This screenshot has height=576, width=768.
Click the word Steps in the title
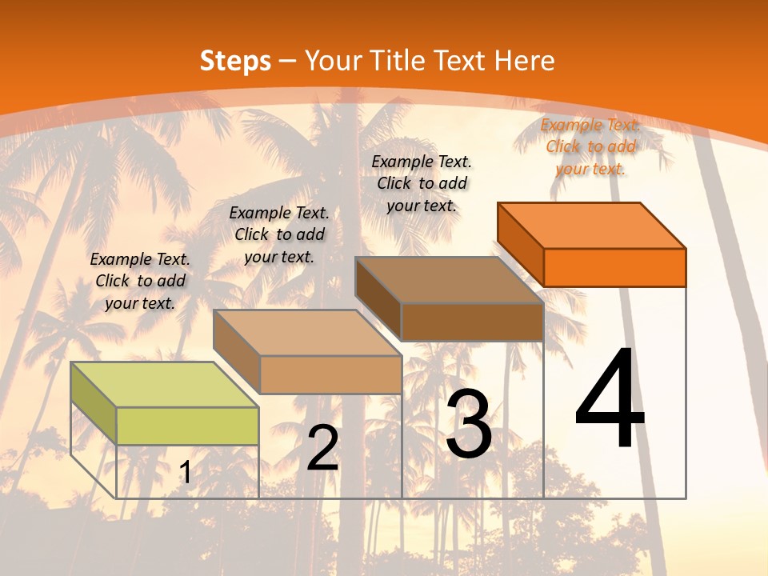pyautogui.click(x=234, y=61)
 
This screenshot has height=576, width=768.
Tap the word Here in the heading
pyautogui.click(x=524, y=61)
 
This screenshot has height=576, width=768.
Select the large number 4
pyautogui.click(x=610, y=400)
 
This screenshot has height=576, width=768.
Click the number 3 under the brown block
pyautogui.click(x=469, y=424)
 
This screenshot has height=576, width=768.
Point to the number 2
pyautogui.click(x=323, y=448)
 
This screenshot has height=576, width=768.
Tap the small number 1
pyautogui.click(x=186, y=473)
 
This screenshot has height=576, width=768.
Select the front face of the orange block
pyautogui.click(x=614, y=267)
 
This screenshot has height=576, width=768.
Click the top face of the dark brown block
pyautogui.click(x=449, y=280)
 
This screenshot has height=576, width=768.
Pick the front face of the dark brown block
pyautogui.click(x=472, y=322)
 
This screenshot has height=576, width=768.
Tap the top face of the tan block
pyautogui.click(x=306, y=333)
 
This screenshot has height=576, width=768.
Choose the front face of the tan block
pyautogui.click(x=330, y=374)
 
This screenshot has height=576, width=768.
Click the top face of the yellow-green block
pyautogui.click(x=165, y=385)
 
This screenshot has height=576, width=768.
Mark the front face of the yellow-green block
pyautogui.click(x=187, y=426)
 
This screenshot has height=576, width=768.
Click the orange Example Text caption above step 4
pyautogui.click(x=590, y=146)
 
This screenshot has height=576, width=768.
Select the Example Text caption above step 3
pyautogui.click(x=422, y=183)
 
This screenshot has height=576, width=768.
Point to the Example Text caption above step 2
pyautogui.click(x=279, y=234)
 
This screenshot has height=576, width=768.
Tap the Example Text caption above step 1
pyautogui.click(x=140, y=281)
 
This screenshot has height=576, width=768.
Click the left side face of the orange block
pyautogui.click(x=520, y=243)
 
